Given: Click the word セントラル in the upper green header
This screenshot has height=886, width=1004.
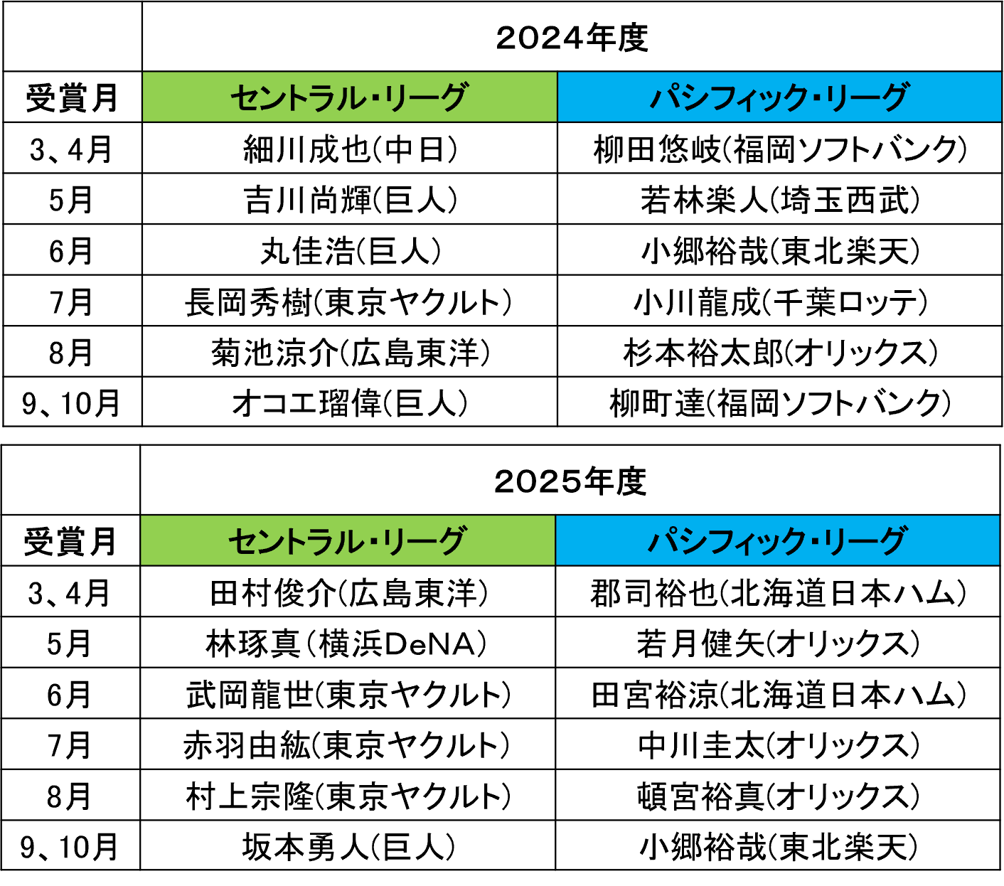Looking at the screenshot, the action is [x=298, y=97].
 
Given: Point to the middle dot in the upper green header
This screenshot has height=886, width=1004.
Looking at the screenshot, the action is [x=374, y=98].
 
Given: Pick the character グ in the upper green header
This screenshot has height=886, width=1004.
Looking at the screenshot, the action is [x=452, y=97].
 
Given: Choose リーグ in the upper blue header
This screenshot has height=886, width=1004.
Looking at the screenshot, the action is [x=865, y=97].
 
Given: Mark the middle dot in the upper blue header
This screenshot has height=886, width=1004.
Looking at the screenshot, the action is [x=813, y=98].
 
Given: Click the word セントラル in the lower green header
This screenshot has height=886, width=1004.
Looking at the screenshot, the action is [x=296, y=541].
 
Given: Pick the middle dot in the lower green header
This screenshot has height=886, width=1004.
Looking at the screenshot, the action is [x=372, y=542].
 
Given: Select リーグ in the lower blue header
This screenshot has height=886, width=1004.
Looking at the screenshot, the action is [x=863, y=541].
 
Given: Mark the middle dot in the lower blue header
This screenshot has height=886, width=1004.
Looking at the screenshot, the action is [x=811, y=542].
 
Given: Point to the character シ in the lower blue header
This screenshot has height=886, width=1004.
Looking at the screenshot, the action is [x=692, y=541].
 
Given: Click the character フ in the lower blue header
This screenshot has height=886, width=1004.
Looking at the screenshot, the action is [x=720, y=541].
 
